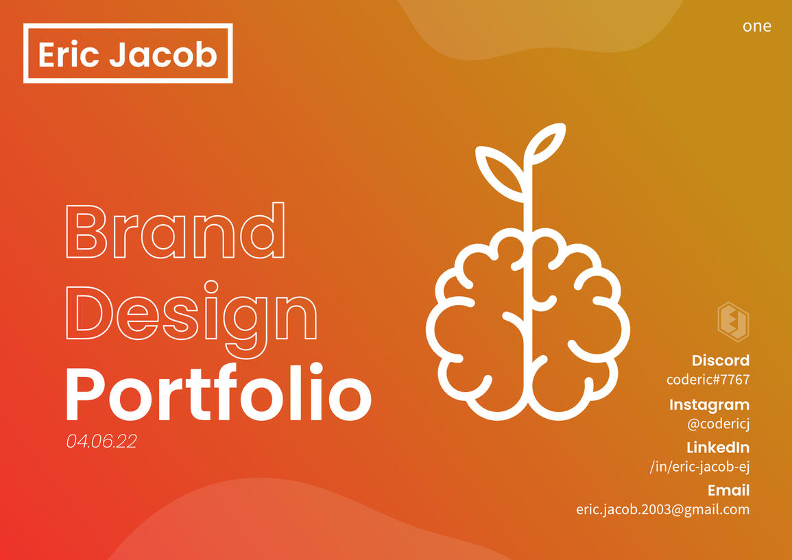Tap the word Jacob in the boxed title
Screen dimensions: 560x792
pyautogui.click(x=163, y=54)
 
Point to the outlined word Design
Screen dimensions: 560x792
pyautogui.click(x=191, y=314)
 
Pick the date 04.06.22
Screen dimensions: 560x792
pyautogui.click(x=101, y=441)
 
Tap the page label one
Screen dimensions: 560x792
pyautogui.click(x=756, y=26)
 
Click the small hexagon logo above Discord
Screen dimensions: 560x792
pyautogui.click(x=732, y=321)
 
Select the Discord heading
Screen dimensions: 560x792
pyautogui.click(x=720, y=361)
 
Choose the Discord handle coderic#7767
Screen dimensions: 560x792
pyautogui.click(x=708, y=380)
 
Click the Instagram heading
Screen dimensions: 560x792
pyautogui.click(x=709, y=404)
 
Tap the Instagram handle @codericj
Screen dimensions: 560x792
pyautogui.click(x=718, y=424)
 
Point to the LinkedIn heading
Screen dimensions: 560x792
pyautogui.click(x=717, y=448)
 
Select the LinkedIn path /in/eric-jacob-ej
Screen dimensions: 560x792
pyautogui.click(x=699, y=467)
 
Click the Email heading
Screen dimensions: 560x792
pyautogui.click(x=728, y=490)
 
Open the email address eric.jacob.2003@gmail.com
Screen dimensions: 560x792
pyautogui.click(x=662, y=509)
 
